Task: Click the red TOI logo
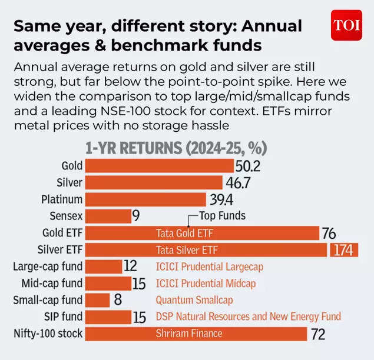click(347, 25)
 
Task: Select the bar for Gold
click(159, 166)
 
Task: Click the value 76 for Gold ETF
click(329, 234)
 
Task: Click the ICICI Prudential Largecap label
click(209, 266)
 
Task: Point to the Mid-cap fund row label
click(48, 284)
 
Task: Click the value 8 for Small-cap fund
click(118, 300)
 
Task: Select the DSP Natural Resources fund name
click(248, 317)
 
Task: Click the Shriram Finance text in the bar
click(189, 334)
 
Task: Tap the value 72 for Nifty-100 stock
click(318, 334)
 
